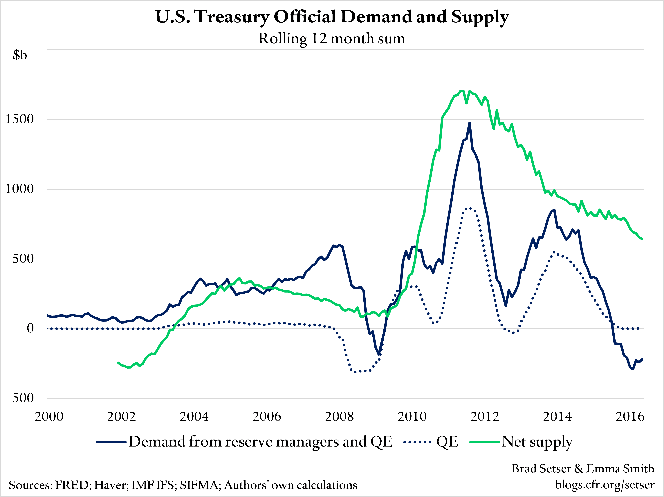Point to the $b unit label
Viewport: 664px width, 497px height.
click(x=20, y=55)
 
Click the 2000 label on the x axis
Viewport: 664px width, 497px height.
click(x=49, y=417)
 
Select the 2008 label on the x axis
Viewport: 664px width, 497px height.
click(x=340, y=417)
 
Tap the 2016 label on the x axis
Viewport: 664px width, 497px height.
click(x=630, y=417)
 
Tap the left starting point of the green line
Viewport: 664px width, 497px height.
click(x=118, y=362)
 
